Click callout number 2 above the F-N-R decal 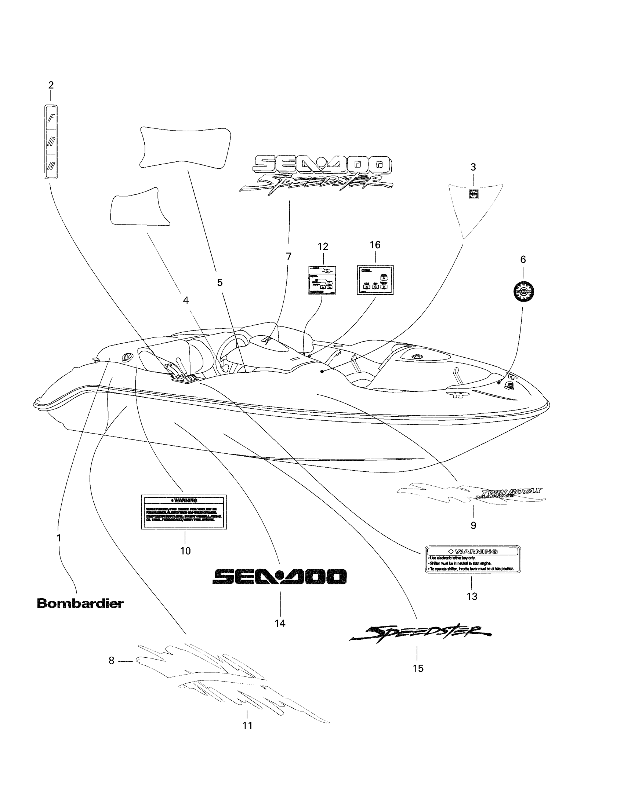click(51, 85)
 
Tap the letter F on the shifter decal click(51, 118)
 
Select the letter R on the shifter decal click(51, 166)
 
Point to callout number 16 click(375, 245)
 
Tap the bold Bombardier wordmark click(80, 604)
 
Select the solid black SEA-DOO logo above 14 click(279, 576)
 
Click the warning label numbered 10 click(184, 512)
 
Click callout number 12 click(323, 247)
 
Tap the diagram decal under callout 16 click(375, 280)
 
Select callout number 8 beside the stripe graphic click(111, 660)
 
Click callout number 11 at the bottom click(247, 725)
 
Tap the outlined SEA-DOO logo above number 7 click(321, 165)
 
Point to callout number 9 click(473, 525)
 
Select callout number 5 click(220, 283)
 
